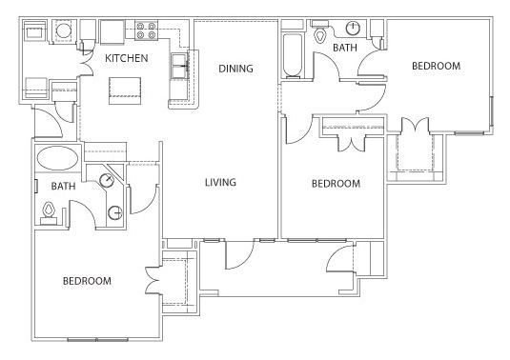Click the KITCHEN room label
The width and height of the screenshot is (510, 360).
click(127, 58)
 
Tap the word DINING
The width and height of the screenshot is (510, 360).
click(235, 69)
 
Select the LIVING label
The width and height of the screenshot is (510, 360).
click(220, 182)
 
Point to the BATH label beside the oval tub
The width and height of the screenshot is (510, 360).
click(64, 186)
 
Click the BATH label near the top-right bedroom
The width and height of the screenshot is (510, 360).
click(345, 48)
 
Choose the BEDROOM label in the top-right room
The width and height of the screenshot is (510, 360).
click(437, 66)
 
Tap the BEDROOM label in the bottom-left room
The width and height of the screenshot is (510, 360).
click(87, 281)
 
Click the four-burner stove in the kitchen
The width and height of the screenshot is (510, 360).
click(147, 30)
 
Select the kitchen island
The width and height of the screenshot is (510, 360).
click(125, 90)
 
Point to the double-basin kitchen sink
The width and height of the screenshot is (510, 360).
click(179, 67)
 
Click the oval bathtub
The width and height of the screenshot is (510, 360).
click(57, 158)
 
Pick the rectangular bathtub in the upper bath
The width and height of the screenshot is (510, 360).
click(292, 55)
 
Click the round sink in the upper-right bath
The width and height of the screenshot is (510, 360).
click(353, 29)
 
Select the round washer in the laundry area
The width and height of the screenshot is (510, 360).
click(64, 30)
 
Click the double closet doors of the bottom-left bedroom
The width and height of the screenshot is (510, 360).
click(153, 281)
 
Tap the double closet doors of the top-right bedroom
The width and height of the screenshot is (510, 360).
click(416, 125)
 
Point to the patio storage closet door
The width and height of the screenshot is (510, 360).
click(340, 258)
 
